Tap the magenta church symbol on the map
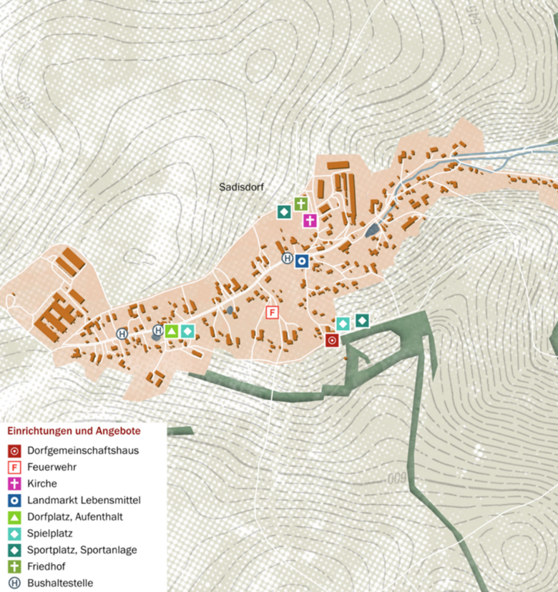pyautogui.click(x=310, y=220)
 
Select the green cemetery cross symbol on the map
pyautogui.click(x=300, y=204)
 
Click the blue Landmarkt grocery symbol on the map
pyautogui.click(x=303, y=261)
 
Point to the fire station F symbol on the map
pyautogui.click(x=272, y=313)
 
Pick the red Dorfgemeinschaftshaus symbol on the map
pyautogui.click(x=332, y=341)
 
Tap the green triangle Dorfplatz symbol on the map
pyautogui.click(x=172, y=331)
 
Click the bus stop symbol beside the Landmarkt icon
pyautogui.click(x=287, y=258)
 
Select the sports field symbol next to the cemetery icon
pyautogui.click(x=284, y=212)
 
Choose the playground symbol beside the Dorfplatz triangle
pyautogui.click(x=187, y=331)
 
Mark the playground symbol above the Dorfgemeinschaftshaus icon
pyautogui.click(x=343, y=324)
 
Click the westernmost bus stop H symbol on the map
pyautogui.click(x=122, y=334)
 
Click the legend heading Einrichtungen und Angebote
pyautogui.click(x=74, y=432)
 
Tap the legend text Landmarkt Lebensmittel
pyautogui.click(x=84, y=500)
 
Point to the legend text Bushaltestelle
pyautogui.click(x=60, y=583)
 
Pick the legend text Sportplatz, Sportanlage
pyautogui.click(x=82, y=550)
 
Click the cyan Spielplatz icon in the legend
pyautogui.click(x=14, y=533)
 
